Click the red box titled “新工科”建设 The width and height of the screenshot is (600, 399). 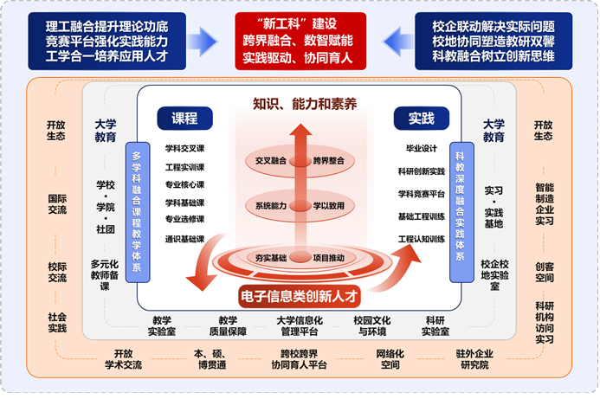click(x=300, y=40)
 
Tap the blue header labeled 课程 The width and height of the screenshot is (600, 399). click(x=184, y=119)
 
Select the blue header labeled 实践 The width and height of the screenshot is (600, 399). click(x=421, y=119)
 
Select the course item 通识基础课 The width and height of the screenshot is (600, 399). click(x=184, y=239)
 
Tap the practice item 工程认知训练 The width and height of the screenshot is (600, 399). click(x=421, y=239)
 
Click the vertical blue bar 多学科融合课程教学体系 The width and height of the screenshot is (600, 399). click(x=136, y=213)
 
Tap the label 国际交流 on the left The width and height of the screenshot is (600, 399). click(x=57, y=204)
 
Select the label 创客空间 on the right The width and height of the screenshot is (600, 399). click(x=545, y=273)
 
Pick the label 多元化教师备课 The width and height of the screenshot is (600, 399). click(x=105, y=275)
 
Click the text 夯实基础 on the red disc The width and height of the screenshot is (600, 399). click(x=268, y=257)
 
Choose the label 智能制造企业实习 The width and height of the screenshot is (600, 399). click(x=545, y=203)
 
